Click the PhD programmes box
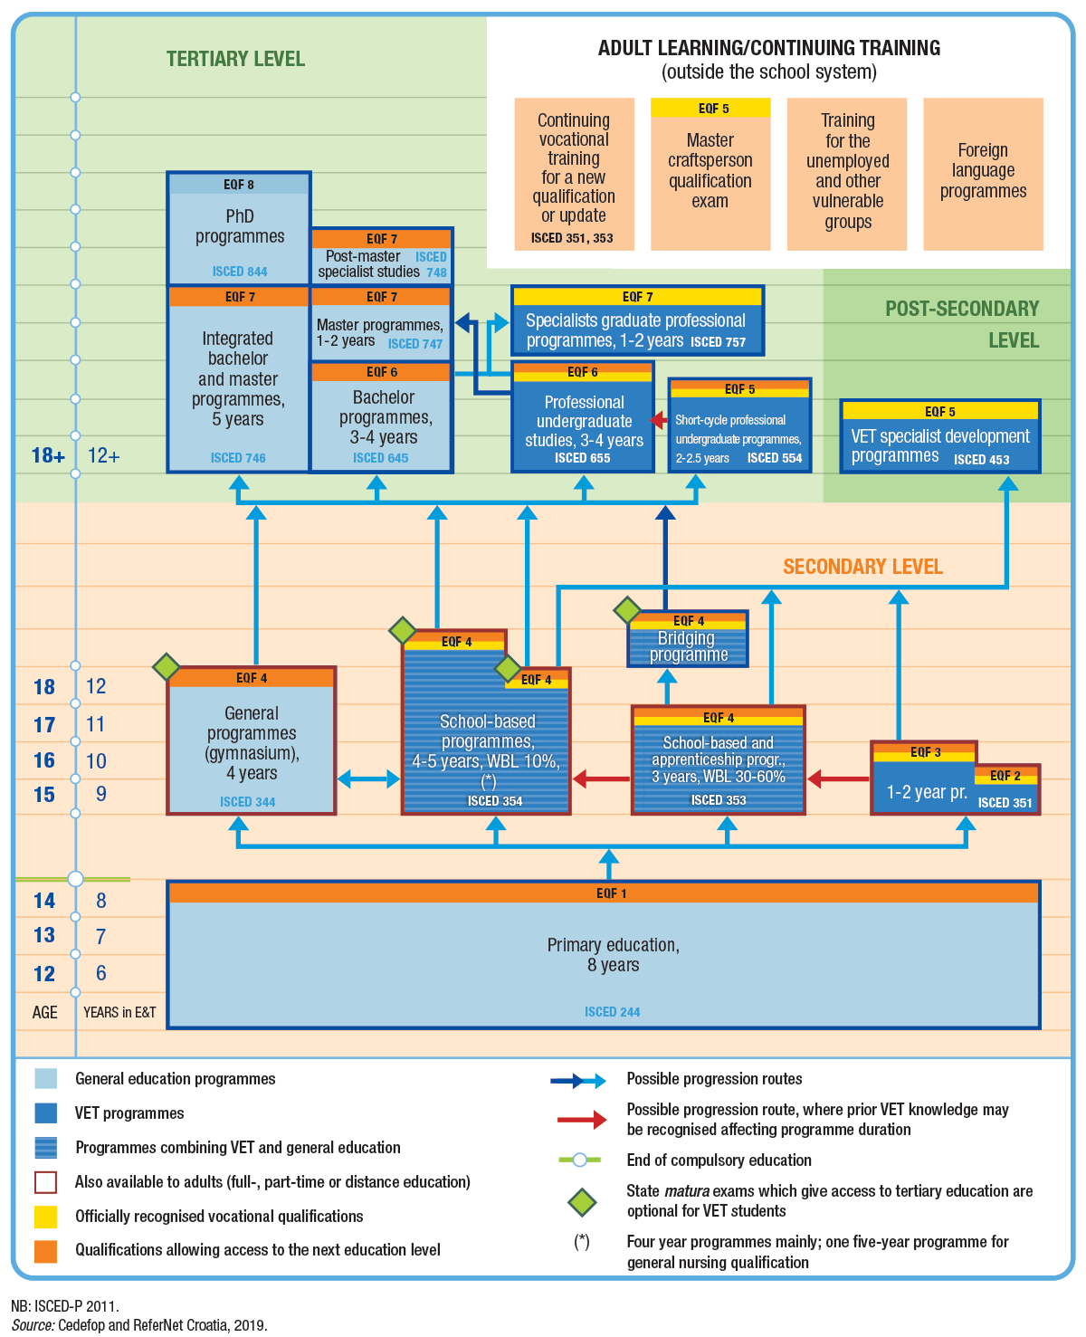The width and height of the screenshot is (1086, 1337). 239,228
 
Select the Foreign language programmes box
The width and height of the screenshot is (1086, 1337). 983,173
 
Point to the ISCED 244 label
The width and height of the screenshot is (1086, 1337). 612,1012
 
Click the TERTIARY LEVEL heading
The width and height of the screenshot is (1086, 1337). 235,60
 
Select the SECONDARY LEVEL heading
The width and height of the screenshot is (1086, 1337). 862,568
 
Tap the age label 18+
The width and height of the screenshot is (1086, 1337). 49,455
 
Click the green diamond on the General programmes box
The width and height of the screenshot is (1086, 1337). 167,667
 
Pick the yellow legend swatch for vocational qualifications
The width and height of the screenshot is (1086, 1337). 45,1217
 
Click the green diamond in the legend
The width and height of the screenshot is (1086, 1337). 582,1202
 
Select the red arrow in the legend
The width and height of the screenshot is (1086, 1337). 582,1120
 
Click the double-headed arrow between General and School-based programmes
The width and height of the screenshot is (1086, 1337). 368,778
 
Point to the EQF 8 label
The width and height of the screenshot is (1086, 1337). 239,185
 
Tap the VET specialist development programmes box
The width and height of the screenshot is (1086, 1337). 940,437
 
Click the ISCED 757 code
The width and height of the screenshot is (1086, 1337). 718,342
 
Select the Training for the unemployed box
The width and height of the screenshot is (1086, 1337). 847,173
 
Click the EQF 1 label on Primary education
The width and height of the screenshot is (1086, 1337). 612,893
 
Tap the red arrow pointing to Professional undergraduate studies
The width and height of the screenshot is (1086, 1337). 659,421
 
